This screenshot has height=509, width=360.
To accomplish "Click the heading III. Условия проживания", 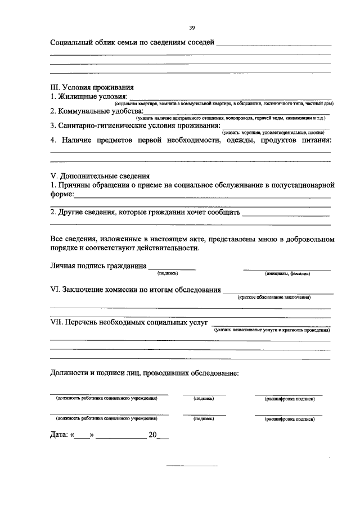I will tap(92, 88).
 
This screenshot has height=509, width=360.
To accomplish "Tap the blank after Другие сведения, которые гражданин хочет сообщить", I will tap(286, 214).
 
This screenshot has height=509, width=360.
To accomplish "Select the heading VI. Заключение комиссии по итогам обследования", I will tap(136, 290).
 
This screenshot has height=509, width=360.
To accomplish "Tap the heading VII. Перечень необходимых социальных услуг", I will tap(129, 322).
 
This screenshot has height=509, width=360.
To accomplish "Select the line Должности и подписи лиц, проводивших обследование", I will tap(144, 372).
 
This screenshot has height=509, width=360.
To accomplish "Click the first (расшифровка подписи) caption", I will tap(289, 398).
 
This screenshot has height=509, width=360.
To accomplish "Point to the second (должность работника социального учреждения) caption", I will tap(106, 418).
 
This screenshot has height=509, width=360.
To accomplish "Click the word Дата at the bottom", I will tap(59, 435).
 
